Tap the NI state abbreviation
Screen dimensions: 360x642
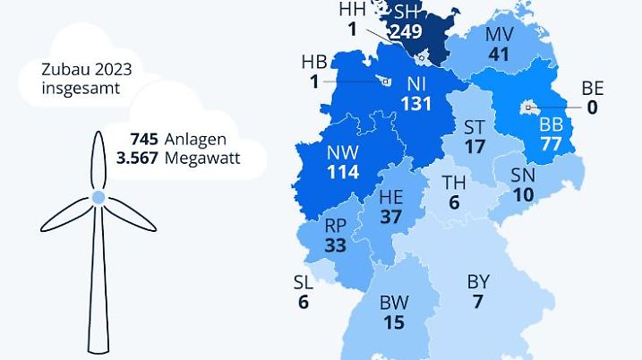pyautogui.click(x=416, y=84)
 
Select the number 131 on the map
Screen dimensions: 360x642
pyautogui.click(x=416, y=104)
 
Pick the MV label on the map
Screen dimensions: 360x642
pyautogui.click(x=499, y=35)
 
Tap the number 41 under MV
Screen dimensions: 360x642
pyautogui.click(x=499, y=55)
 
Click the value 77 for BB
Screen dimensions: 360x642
pyautogui.click(x=552, y=144)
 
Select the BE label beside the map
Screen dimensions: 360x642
pyautogui.click(x=593, y=88)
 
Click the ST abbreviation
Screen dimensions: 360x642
pyautogui.click(x=475, y=126)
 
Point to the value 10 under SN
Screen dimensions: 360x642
pyautogui.click(x=523, y=194)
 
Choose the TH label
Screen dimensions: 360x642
pyautogui.click(x=454, y=184)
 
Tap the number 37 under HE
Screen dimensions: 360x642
pyautogui.click(x=390, y=217)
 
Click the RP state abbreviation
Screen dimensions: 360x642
pyautogui.click(x=336, y=226)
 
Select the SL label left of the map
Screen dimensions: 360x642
pyautogui.click(x=304, y=283)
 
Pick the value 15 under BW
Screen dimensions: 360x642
pyautogui.click(x=394, y=322)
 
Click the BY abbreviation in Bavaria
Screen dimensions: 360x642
pyautogui.click(x=478, y=282)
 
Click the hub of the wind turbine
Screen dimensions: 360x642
pyautogui.click(x=97, y=196)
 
